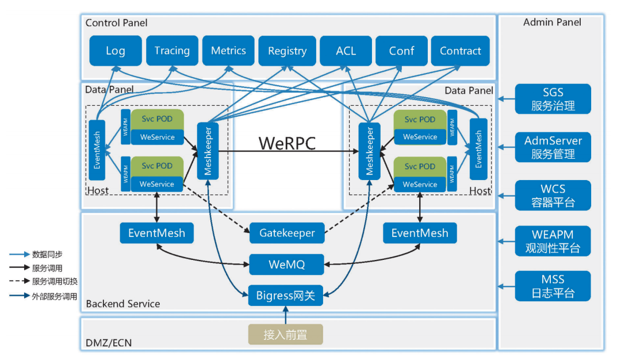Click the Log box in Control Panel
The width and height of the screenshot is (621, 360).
(115, 51)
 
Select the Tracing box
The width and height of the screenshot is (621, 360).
(172, 51)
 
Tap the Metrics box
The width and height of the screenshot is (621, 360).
(228, 51)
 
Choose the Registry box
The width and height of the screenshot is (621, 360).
(287, 51)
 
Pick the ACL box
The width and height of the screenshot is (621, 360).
(346, 51)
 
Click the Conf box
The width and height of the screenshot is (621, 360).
(401, 51)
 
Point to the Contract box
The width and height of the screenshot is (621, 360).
(460, 51)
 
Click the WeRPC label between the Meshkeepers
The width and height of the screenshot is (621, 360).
(287, 143)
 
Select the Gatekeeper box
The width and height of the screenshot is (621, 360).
(287, 233)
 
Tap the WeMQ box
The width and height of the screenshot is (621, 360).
(286, 265)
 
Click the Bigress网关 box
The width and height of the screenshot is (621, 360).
(286, 296)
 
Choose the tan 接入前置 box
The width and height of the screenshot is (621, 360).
(285, 335)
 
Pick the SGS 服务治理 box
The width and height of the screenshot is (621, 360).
(553, 99)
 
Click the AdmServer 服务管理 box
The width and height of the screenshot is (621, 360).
(553, 147)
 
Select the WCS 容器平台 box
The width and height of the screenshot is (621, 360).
(553, 196)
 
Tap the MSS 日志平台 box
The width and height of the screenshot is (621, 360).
(553, 286)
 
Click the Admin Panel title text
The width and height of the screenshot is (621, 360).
(552, 22)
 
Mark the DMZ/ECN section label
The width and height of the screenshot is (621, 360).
(109, 343)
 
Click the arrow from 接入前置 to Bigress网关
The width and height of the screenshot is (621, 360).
(285, 315)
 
